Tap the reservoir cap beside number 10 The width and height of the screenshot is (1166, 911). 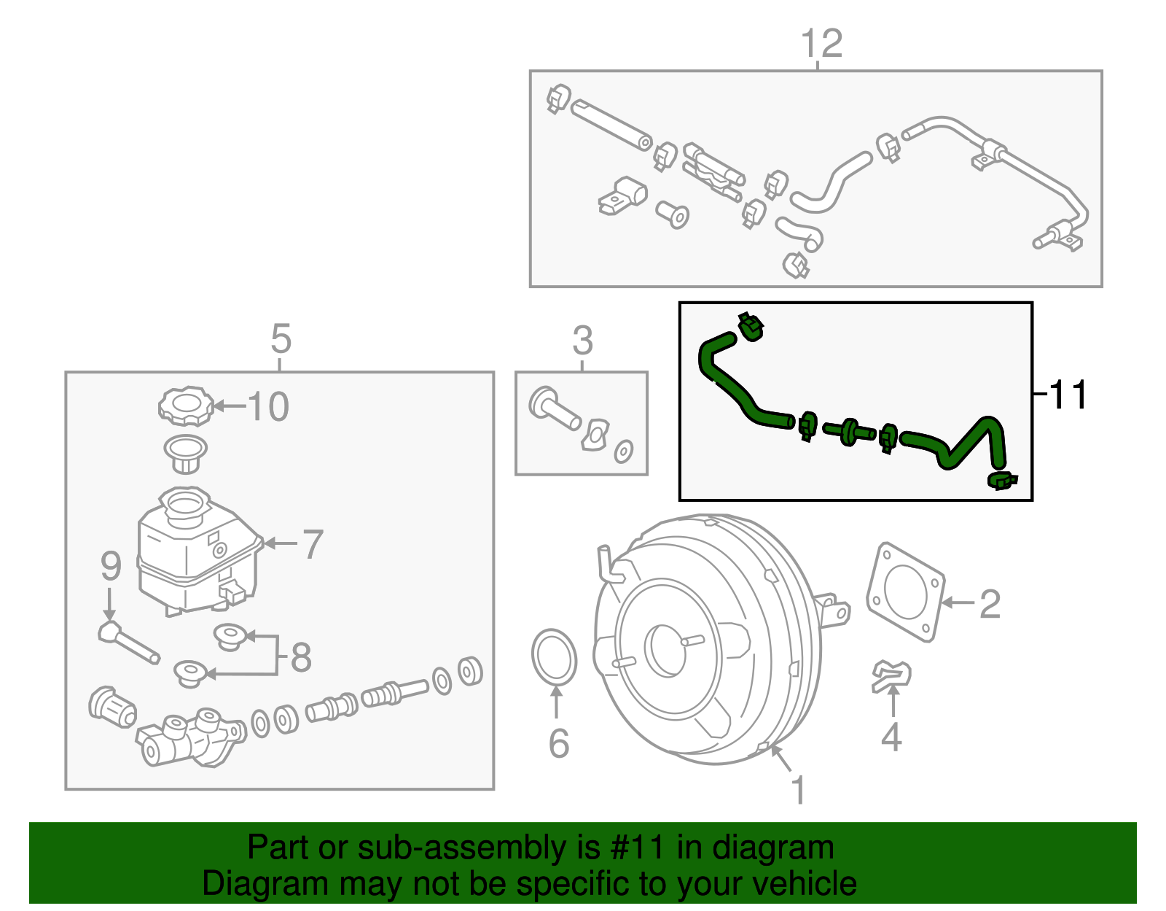coord(186,406)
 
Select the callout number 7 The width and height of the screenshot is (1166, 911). coord(312,544)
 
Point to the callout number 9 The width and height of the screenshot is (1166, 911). coord(110,566)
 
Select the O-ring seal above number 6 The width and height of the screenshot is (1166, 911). coord(554,658)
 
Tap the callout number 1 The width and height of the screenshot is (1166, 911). coord(799,789)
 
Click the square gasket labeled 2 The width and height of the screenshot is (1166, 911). coord(905,592)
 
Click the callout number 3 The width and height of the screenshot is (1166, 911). coord(582,340)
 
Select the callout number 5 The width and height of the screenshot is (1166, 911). coord(281,339)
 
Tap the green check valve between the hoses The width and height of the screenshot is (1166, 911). coord(849,432)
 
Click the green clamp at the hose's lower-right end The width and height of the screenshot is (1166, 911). coord(1002,480)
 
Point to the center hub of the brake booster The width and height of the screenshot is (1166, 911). coord(665,648)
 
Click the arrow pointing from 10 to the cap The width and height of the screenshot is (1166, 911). coord(229,406)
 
